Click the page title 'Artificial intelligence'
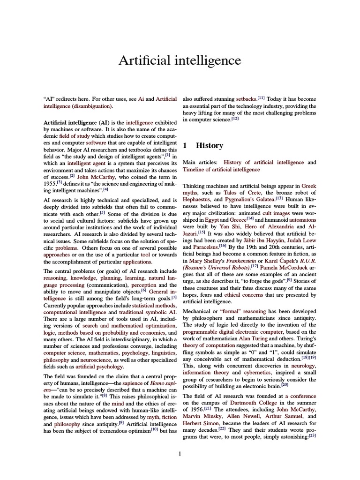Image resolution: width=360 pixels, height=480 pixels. (x=180, y=60)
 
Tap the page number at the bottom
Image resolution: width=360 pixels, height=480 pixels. (x=180, y=453)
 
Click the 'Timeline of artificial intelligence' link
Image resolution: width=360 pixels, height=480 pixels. (x=221, y=169)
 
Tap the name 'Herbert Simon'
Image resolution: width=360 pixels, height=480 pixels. (x=199, y=422)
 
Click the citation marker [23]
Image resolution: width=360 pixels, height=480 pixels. (x=313, y=435)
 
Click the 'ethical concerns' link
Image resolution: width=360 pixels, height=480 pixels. (x=241, y=295)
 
